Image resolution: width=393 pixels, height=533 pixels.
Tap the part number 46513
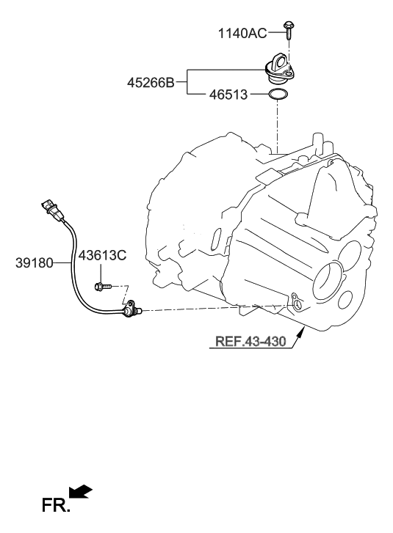click(228, 95)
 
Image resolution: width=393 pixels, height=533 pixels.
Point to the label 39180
click(34, 262)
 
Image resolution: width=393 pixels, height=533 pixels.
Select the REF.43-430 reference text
click(250, 341)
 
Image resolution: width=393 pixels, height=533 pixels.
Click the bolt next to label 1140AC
click(289, 29)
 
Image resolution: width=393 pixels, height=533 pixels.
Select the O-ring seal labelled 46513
click(278, 95)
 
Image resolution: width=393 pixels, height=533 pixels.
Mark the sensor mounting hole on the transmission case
click(295, 301)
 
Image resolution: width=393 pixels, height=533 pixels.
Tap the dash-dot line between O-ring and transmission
click(278, 125)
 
